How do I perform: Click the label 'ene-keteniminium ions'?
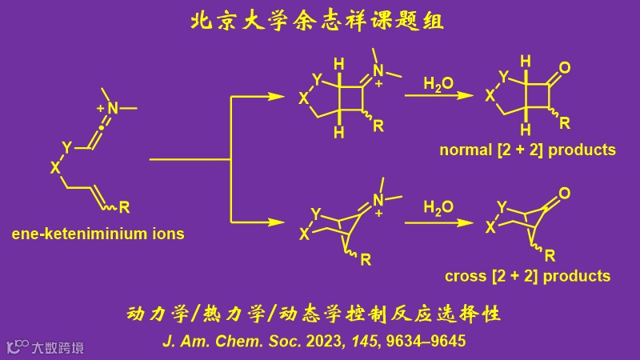[98, 234]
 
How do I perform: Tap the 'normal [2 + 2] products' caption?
[527, 150]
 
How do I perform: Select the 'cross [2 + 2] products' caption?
[527, 276]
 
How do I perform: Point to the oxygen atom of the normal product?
[565, 68]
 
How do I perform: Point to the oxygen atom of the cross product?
[565, 193]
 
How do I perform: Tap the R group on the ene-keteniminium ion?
[125, 209]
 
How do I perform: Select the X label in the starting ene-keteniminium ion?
[55, 167]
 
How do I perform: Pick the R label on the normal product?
[565, 123]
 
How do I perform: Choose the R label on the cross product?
[550, 256]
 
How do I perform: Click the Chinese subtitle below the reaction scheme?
[314, 312]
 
